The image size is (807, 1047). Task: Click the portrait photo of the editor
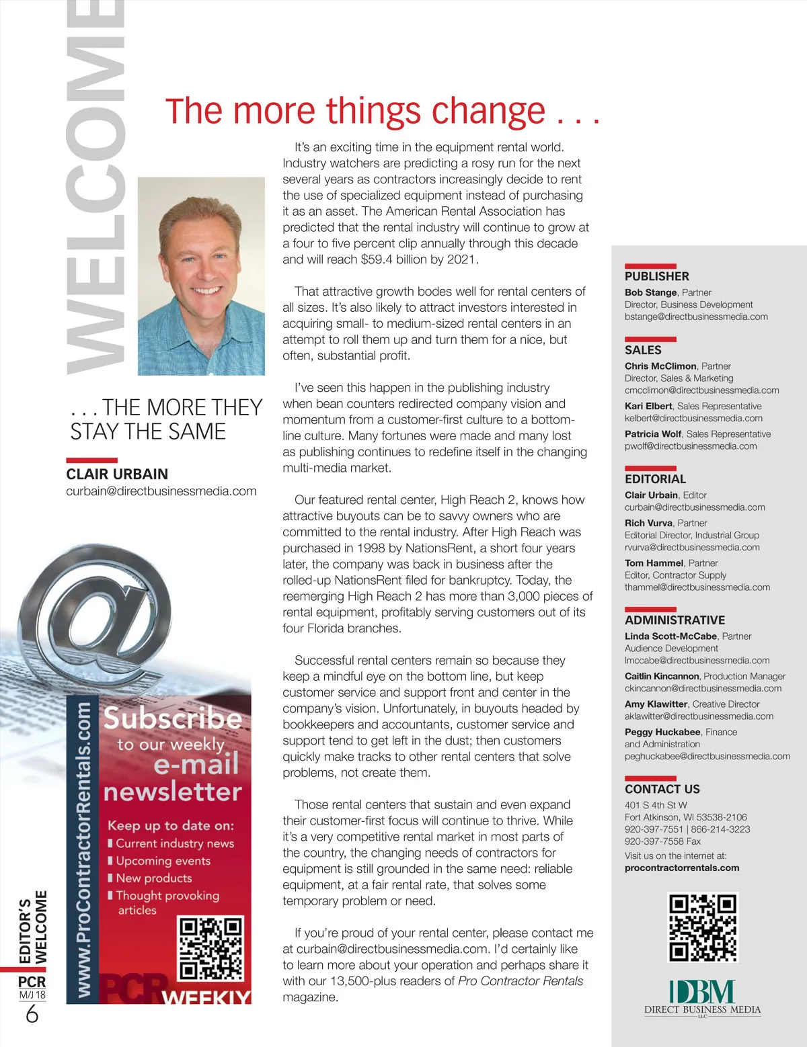click(x=201, y=276)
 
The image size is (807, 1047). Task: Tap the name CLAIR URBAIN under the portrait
click(x=117, y=474)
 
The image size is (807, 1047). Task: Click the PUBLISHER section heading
click(x=656, y=276)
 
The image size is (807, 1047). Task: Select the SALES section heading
click(x=643, y=350)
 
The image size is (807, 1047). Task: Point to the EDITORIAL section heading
click(x=655, y=479)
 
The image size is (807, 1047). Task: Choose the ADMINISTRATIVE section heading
click(x=675, y=620)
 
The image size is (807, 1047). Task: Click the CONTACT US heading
click(x=662, y=789)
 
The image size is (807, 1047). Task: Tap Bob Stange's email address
click(x=696, y=317)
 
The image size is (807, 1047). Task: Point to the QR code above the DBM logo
click(x=703, y=927)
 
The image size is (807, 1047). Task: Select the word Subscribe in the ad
click(x=172, y=718)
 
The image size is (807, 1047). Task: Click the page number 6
click(x=32, y=1014)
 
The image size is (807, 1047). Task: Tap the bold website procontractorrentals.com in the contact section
click(x=682, y=868)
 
